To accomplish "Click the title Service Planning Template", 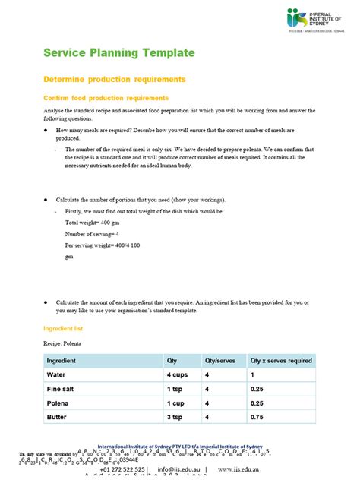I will coord(118,52).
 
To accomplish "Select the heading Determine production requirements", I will coord(114,79).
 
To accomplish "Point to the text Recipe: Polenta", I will coord(65,343).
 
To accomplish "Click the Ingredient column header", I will coord(66,361).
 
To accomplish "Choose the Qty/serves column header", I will coord(219,361).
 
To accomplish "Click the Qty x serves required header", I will coord(281,361).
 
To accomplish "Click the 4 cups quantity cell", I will coord(178,375).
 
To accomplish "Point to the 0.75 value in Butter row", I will coord(257,416).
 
